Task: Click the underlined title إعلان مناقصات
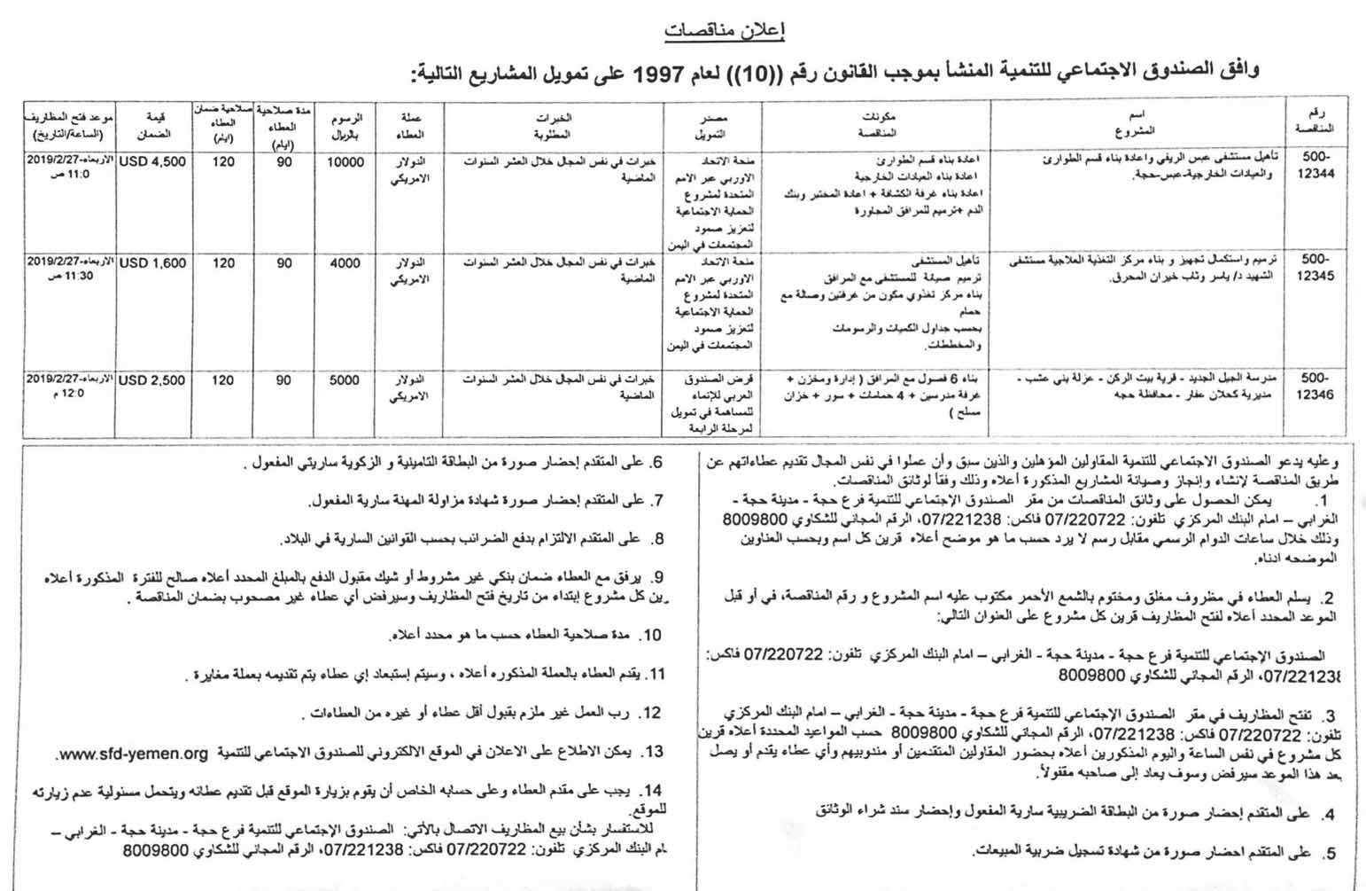(x=724, y=32)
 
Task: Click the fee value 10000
(x=345, y=162)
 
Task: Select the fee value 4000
(x=345, y=263)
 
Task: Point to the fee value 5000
(x=345, y=380)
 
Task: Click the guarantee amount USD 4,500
(x=152, y=162)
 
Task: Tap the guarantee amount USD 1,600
(x=152, y=263)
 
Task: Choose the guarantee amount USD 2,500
(x=152, y=380)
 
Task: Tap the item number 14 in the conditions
(x=654, y=790)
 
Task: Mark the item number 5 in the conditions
(x=1330, y=855)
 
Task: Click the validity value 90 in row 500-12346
(x=283, y=380)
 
